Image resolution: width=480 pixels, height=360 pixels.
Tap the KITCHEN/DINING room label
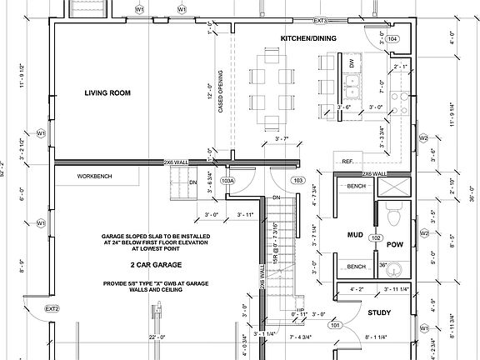point(307,39)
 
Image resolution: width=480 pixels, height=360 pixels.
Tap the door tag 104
point(392,39)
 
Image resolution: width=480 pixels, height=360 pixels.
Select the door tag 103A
point(227,180)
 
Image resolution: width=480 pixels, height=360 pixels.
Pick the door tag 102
point(376,238)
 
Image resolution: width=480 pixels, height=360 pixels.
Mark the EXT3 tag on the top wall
point(320,20)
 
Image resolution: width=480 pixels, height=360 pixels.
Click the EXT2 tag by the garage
point(52,309)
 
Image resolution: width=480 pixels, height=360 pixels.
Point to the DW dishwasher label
point(352,63)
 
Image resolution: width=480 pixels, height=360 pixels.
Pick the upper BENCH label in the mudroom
point(357,186)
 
